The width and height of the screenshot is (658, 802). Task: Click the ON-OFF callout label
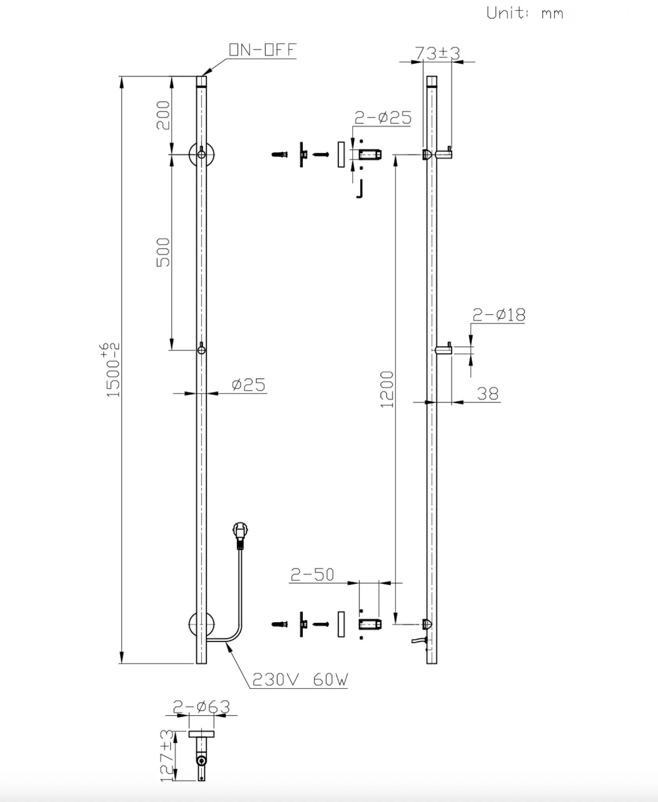pos(262,50)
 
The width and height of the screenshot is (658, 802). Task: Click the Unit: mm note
pos(525,13)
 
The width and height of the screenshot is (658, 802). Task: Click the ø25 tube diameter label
pos(248,385)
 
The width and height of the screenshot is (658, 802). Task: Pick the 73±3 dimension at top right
pos(437,53)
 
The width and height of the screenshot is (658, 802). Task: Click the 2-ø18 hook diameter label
pos(499,314)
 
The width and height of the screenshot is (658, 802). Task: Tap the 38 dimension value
pos(487,394)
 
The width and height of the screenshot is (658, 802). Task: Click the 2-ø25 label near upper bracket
pos(383,117)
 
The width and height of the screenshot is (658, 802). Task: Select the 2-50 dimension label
pos(312,575)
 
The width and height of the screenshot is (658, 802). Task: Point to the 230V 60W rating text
pos(300,680)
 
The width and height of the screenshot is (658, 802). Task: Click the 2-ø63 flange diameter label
pos(201,707)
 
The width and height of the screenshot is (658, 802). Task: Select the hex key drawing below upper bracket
pos(360,190)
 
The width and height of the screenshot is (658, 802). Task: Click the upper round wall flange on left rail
pos(201,154)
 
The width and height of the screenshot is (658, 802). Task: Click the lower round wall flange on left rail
pos(201,624)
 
